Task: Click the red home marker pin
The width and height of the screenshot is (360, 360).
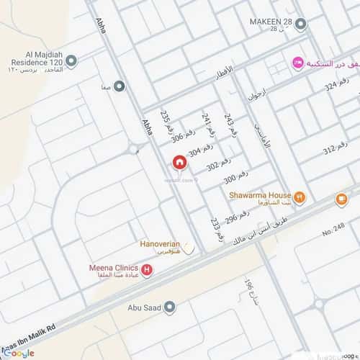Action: (178, 163)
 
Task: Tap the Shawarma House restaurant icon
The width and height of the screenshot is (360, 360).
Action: (300, 197)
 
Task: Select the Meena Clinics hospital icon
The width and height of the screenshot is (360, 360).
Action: (148, 271)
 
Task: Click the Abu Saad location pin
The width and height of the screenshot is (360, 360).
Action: (169, 307)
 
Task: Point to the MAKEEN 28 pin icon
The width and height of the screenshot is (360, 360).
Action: (300, 24)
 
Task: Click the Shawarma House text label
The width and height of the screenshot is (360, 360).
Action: (260, 195)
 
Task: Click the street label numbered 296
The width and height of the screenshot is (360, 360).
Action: (237, 216)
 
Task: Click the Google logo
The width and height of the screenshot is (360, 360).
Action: (17, 353)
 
